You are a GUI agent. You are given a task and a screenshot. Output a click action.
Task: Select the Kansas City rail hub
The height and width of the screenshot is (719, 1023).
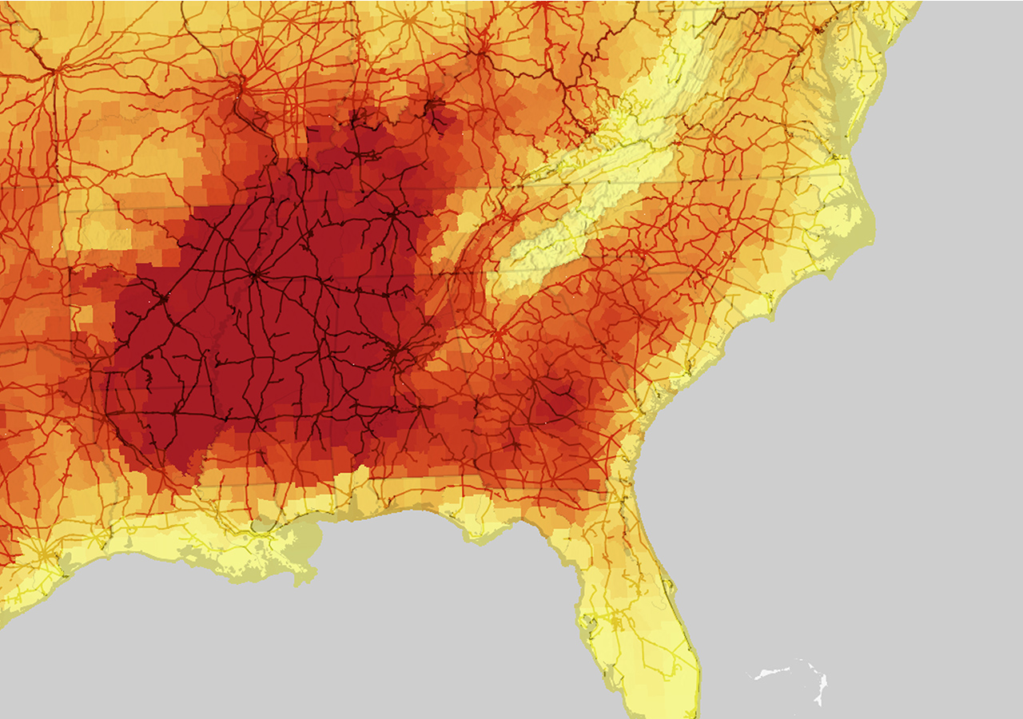click(x=56, y=70)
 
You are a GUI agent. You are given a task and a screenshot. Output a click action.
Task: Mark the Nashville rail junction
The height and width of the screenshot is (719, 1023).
click(x=393, y=213)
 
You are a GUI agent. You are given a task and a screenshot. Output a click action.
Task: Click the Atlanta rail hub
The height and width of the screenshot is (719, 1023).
click(x=497, y=336)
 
